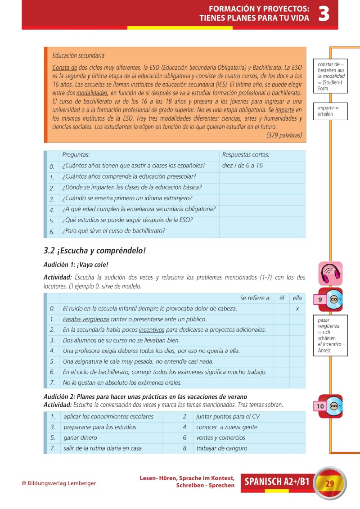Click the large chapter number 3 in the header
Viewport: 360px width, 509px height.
pos(324,14)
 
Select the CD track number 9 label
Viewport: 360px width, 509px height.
pos(320,300)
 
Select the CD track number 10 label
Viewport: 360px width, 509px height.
pos(320,406)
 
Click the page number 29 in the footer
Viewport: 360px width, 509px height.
pos(329,484)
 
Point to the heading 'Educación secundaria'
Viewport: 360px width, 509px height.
pos(78,56)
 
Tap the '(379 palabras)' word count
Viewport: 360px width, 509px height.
pos(284,135)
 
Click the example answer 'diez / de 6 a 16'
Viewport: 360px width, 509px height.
pos(243,166)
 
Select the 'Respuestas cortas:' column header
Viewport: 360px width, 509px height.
pos(246,155)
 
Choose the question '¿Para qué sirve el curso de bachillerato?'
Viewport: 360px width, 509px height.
pos(113,231)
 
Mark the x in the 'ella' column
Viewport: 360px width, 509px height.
pos(297,309)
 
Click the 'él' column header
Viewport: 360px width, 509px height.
pos(281,298)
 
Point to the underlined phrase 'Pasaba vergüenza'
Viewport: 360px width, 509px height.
pos(86,319)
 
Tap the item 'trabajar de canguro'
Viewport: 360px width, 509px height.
pos(221,448)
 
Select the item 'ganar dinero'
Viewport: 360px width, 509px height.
pos(80,437)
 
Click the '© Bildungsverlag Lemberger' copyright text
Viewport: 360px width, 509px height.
pos(58,483)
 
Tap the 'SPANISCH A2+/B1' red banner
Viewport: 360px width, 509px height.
pos(277,482)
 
